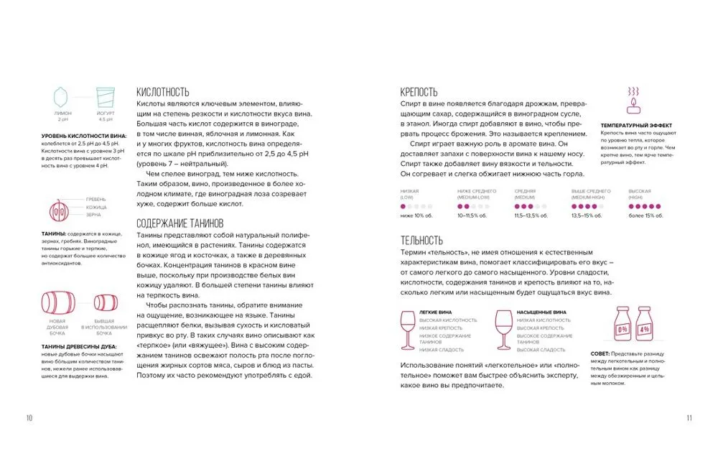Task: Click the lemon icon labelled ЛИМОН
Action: [x=62, y=98]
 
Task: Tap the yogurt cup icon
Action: [x=105, y=98]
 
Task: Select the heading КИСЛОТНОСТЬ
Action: [x=162, y=92]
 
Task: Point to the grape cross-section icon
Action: [x=58, y=208]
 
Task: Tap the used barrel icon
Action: [x=104, y=303]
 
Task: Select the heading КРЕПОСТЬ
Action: [x=419, y=92]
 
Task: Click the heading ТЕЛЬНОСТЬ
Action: [x=421, y=241]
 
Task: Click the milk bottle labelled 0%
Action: [x=622, y=327]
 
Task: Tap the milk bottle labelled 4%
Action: [x=644, y=327]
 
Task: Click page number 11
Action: [x=689, y=418]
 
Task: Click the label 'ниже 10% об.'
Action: [x=415, y=216]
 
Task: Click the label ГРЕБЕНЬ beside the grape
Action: [x=95, y=199]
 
